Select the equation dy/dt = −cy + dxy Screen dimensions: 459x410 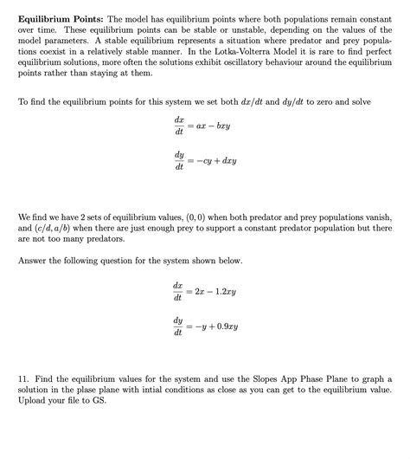(206, 160)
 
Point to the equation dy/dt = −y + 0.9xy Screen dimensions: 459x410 (206, 326)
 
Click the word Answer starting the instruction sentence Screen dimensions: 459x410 (33, 260)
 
